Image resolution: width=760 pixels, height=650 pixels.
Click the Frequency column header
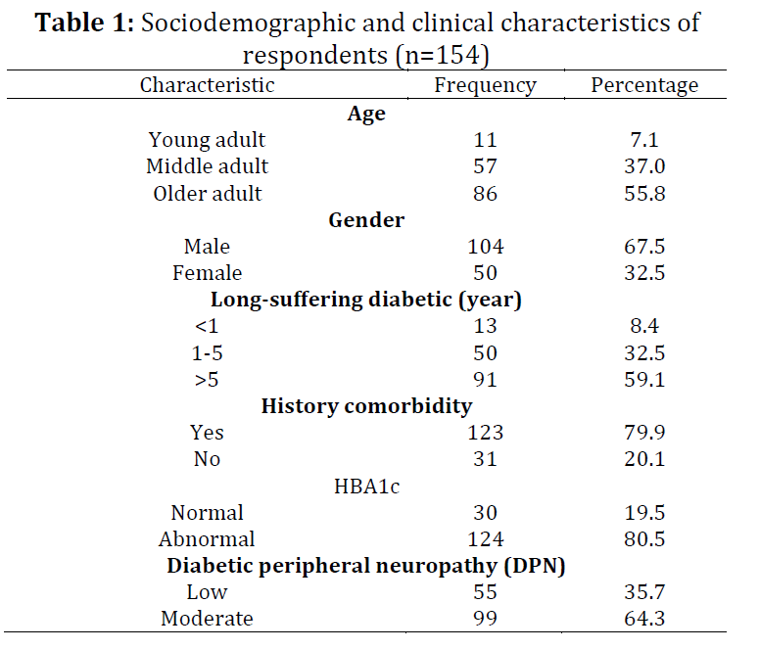coord(485,85)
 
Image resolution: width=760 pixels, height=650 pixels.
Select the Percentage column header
coord(644,85)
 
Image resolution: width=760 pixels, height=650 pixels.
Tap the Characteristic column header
coord(207,85)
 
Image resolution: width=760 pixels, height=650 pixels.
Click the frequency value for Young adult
coord(485,140)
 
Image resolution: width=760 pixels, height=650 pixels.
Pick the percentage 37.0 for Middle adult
coord(644,166)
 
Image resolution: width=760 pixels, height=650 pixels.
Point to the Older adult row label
coord(207,193)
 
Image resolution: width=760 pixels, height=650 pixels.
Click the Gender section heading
coord(366,220)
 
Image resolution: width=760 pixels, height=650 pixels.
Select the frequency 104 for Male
coord(485,247)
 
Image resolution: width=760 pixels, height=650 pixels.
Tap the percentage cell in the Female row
coord(644,273)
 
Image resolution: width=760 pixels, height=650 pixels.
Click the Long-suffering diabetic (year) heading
coord(366,300)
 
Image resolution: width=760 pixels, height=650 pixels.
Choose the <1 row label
coord(207,326)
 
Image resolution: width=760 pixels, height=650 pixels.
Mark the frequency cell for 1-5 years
coord(485,353)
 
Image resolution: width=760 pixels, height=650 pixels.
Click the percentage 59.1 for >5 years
coord(644,379)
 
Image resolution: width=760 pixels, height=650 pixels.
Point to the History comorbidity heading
coord(366,406)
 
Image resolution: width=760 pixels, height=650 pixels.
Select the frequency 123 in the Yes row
coord(485,433)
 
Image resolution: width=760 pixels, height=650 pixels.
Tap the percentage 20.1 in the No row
coord(644,459)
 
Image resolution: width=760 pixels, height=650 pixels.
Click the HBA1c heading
coord(366,487)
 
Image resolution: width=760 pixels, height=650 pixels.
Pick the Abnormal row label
coord(207,539)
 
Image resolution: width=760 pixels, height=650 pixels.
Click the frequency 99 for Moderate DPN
coord(485,619)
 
